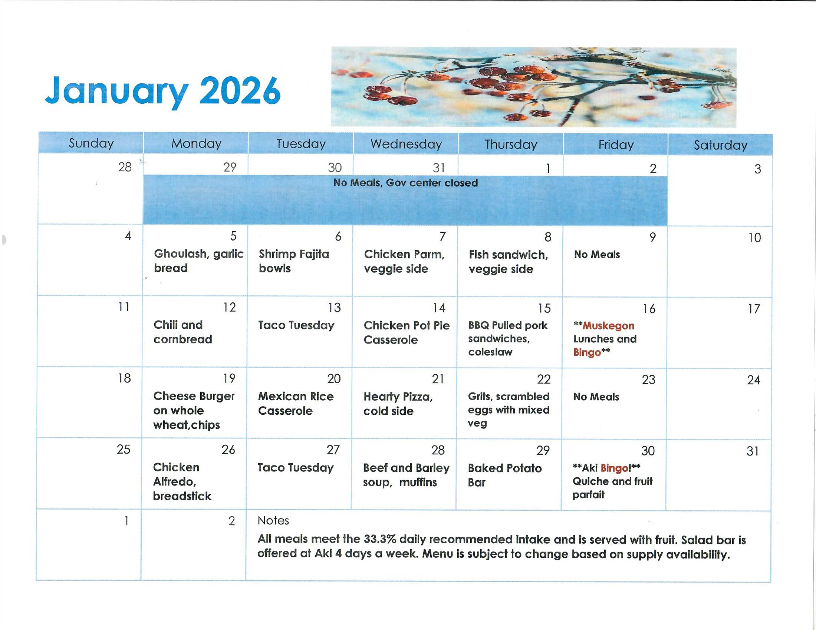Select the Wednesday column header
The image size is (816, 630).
click(x=406, y=144)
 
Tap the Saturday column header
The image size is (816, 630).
click(x=720, y=145)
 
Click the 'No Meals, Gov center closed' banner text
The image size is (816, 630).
click(x=406, y=183)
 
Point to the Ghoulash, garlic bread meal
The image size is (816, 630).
click(x=198, y=261)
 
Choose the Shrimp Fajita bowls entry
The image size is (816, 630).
click(x=294, y=261)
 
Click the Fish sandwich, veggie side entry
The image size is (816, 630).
click(x=509, y=262)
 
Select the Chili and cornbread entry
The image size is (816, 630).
click(x=183, y=332)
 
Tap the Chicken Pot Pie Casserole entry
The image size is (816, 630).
click(x=407, y=332)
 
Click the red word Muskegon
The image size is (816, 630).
click(x=608, y=326)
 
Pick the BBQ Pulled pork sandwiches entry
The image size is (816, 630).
click(x=508, y=338)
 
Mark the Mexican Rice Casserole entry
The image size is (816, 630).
click(x=296, y=404)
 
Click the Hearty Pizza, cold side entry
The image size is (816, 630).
click(x=398, y=404)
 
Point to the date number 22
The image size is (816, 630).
click(x=544, y=379)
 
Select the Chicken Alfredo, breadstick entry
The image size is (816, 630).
click(x=182, y=481)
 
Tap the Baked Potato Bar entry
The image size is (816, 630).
click(x=504, y=475)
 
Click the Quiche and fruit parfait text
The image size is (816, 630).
click(x=612, y=488)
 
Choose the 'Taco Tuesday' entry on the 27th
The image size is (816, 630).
click(x=295, y=468)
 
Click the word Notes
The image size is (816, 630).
click(x=273, y=521)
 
